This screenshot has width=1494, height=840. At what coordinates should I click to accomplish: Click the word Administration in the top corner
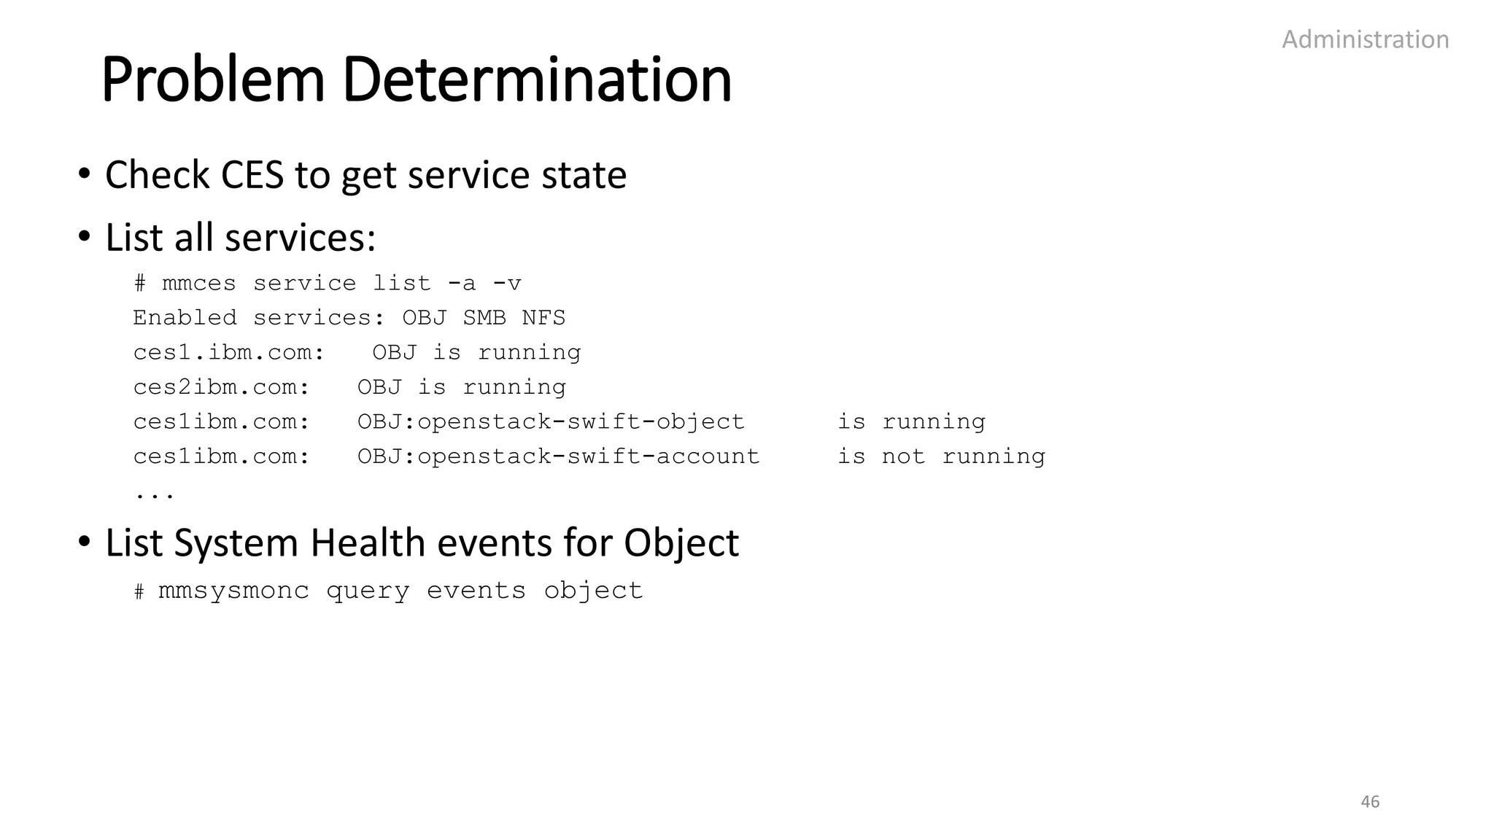1365,39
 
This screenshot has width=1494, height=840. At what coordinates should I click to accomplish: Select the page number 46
1370,801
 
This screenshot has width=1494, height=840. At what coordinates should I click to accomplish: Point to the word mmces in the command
199,283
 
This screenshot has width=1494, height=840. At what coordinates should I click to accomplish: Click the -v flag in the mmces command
507,283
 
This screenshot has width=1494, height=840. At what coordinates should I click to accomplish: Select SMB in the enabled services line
484,318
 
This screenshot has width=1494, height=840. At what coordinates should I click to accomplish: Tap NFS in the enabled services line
543,318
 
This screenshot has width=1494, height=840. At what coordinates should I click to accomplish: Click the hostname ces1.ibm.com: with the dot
228,353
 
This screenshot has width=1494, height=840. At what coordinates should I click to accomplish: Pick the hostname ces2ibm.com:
221,387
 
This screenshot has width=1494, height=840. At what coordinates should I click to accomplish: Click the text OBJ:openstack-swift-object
551,422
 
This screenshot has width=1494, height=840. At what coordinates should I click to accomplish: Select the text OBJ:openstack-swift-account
558,456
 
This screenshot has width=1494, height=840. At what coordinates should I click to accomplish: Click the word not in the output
903,456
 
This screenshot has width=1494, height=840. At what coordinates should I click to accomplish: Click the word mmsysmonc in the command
233,591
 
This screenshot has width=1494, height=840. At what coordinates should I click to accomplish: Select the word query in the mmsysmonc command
368,591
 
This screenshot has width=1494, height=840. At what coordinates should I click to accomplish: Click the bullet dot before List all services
85,237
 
